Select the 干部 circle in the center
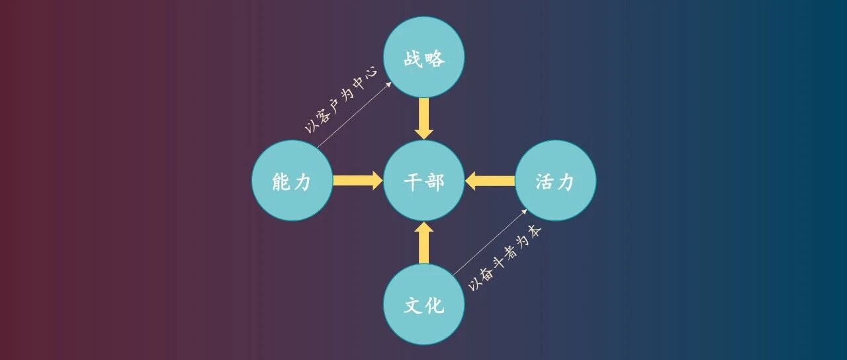(424, 181)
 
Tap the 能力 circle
(292, 181)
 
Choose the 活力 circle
(555, 181)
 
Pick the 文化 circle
(424, 304)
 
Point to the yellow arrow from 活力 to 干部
(490, 181)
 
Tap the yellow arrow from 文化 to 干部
(424, 243)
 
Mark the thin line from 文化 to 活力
(490, 241)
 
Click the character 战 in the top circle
(414, 58)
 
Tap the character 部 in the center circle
(435, 181)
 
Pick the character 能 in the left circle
(281, 181)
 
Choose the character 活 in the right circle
(545, 181)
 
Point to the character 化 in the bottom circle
(435, 305)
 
